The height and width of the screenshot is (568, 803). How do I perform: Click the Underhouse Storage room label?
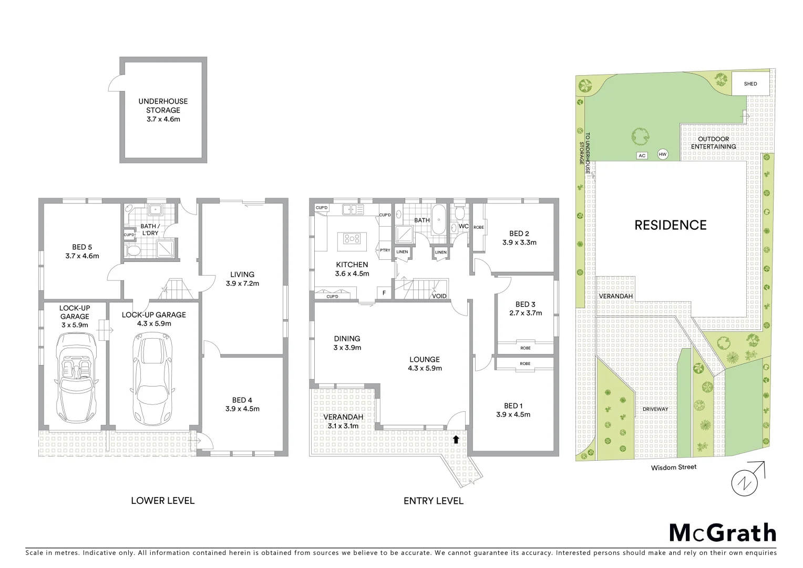tap(163, 110)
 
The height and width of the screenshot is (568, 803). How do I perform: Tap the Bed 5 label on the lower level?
tap(82, 251)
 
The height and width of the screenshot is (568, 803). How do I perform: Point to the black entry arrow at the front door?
tap(456, 438)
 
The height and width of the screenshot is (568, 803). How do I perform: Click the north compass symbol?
tap(746, 481)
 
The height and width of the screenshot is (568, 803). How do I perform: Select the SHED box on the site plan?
tap(750, 84)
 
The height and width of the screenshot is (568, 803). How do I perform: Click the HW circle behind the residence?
tap(662, 154)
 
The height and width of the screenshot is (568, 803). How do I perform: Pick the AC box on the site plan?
tap(642, 156)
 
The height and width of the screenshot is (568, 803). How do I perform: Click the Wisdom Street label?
tap(673, 467)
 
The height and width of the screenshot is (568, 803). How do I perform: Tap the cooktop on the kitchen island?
tap(352, 238)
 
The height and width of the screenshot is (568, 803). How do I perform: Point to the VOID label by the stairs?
tap(439, 296)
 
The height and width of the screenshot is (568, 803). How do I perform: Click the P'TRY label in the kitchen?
tap(385, 250)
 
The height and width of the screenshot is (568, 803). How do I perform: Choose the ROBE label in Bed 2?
tap(478, 227)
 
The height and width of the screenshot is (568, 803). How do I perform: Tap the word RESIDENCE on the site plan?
tap(670, 225)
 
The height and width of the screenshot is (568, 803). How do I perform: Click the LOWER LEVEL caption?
tap(162, 501)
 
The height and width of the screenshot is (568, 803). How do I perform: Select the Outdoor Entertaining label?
tap(713, 143)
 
